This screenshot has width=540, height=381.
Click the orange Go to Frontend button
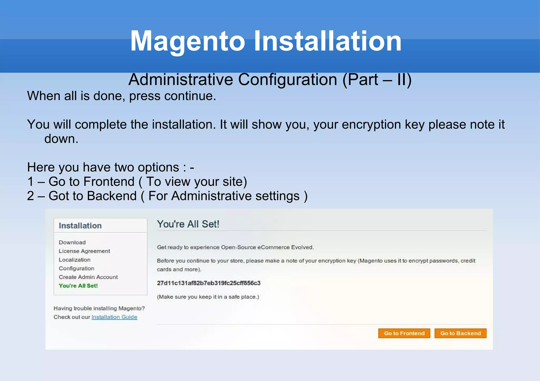(404, 333)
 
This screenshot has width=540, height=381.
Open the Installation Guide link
(114, 317)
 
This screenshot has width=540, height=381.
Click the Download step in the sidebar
(72, 242)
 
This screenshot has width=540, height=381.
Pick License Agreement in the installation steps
(84, 251)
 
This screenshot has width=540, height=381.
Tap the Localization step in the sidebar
(74, 260)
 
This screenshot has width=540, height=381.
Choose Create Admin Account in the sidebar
(88, 277)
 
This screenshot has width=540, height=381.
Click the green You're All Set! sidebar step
(78, 286)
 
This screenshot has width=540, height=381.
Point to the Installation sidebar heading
(80, 226)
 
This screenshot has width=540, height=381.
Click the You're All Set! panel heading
(188, 224)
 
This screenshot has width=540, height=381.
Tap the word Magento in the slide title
(188, 41)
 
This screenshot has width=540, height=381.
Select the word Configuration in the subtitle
(287, 80)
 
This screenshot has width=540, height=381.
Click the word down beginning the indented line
(61, 139)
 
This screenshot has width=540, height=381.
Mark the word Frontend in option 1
(109, 182)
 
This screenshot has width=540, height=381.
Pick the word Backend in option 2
(112, 196)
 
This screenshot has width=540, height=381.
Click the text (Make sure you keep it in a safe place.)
(208, 297)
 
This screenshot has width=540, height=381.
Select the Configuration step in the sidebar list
(76, 268)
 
